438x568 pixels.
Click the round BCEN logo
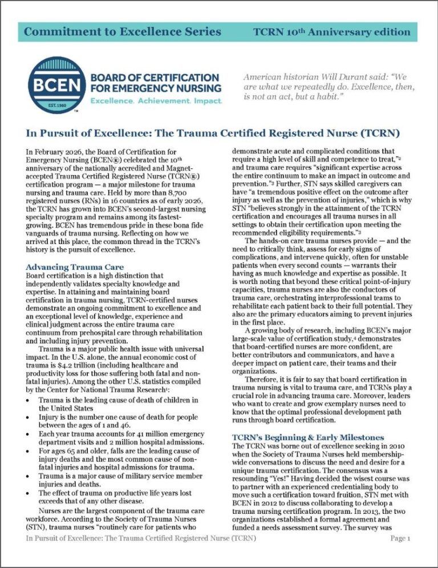click(x=51, y=87)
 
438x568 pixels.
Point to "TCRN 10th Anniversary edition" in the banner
click(x=332, y=31)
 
